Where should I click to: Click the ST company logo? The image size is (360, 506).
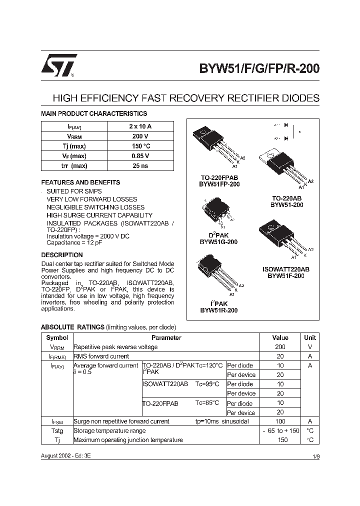pos(59,65)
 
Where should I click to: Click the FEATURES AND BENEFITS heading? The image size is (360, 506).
pos(80,182)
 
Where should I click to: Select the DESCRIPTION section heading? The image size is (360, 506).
pos(62,255)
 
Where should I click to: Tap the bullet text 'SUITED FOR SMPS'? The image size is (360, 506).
pos(74,191)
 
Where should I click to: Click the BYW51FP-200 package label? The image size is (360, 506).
pos(219,184)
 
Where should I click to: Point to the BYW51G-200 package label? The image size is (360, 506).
pos(218,241)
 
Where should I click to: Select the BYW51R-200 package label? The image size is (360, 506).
pos(219,310)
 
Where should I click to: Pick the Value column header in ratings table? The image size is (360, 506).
pos(280,337)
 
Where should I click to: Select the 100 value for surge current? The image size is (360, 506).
pos(280,421)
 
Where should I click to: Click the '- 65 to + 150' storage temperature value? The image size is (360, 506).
pos(280,430)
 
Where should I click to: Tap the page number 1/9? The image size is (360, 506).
pos(315,457)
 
